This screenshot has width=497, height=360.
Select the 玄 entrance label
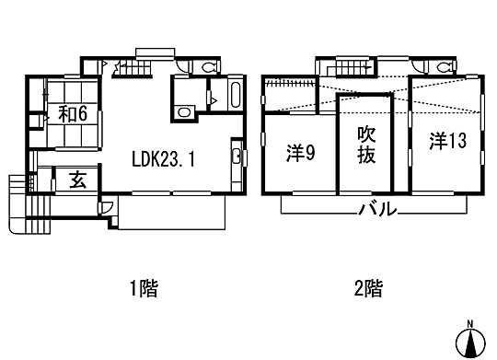(x=73, y=179)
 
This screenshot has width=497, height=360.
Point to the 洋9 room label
(x=300, y=153)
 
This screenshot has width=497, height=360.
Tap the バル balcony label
(x=378, y=209)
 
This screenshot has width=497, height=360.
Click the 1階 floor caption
(x=143, y=289)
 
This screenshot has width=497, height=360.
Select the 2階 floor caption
(x=367, y=289)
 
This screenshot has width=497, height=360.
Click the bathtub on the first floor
(x=232, y=96)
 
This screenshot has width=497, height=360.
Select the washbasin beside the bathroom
(x=184, y=111)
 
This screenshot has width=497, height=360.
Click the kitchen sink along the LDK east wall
(x=237, y=156)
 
